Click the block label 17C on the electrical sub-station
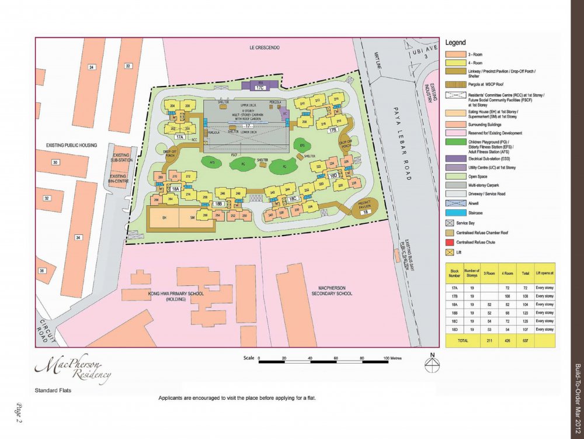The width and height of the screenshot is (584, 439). tap(259, 88)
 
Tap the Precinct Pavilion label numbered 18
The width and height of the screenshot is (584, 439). tap(365, 212)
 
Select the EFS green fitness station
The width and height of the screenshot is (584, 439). tap(302, 145)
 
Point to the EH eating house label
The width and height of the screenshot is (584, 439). tap(164, 217)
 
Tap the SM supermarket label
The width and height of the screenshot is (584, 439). tap(191, 217)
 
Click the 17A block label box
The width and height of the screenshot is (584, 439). tap(179, 137)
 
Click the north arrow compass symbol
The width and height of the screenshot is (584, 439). tap(432, 364)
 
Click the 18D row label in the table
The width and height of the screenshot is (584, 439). tap(454, 329)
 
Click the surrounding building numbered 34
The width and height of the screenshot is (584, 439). tap(78, 237)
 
